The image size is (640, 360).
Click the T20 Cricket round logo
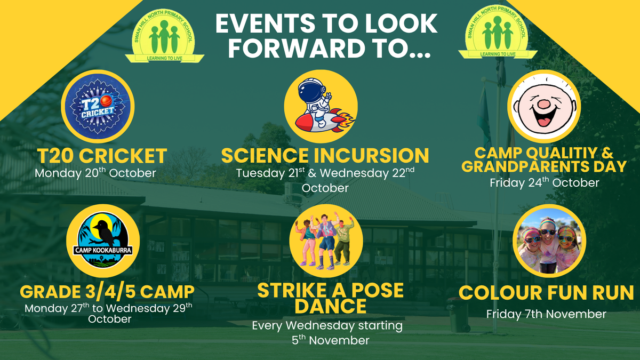(x=98, y=106)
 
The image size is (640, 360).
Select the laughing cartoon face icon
(x=544, y=106)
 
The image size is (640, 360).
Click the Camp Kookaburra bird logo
(x=103, y=241)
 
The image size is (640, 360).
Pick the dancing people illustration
(x=326, y=241)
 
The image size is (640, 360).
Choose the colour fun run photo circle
(x=549, y=241)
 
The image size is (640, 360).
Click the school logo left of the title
(x=165, y=36)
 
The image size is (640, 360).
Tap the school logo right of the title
(x=498, y=32)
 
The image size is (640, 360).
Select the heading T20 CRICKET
(x=102, y=156)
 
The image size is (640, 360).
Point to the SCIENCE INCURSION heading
(x=325, y=155)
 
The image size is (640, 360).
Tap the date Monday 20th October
(x=95, y=173)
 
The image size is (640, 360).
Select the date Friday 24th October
(x=545, y=182)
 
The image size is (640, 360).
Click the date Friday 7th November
(x=546, y=314)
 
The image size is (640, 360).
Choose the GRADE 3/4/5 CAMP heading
(x=107, y=292)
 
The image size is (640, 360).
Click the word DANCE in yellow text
(x=331, y=306)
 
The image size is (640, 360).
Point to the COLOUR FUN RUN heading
(x=546, y=293)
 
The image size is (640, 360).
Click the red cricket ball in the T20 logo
(x=106, y=101)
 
